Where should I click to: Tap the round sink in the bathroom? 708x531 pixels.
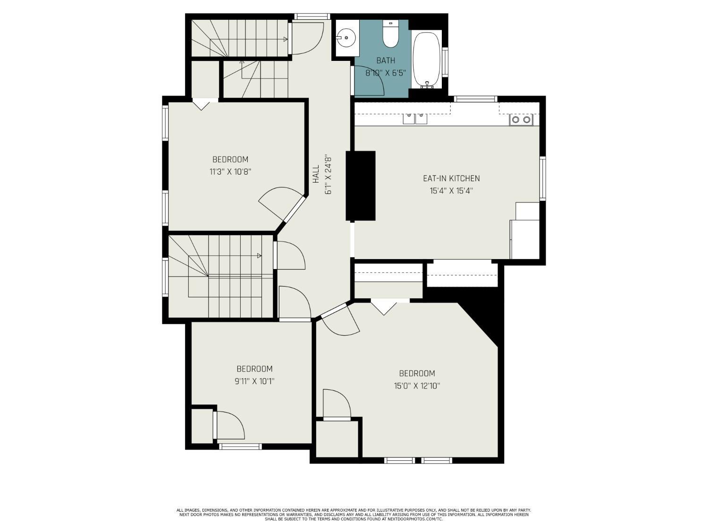[346, 38]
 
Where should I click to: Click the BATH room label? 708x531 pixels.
[386, 60]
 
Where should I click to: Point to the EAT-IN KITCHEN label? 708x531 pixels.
[451, 178]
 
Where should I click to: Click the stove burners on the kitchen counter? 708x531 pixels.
[521, 120]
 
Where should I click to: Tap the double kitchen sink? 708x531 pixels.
[415, 118]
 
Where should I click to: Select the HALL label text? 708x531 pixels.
[316, 174]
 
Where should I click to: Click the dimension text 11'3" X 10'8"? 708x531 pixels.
[230, 171]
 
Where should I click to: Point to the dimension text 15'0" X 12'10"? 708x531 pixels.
[417, 386]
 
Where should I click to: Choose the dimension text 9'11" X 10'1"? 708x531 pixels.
[254, 381]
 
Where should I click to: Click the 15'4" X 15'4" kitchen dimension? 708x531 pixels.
[451, 191]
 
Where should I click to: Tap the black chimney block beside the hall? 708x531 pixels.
[360, 185]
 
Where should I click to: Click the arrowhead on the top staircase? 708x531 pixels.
[285, 39]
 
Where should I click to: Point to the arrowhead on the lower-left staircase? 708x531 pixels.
[259, 256]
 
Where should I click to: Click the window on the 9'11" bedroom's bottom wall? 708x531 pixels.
[240, 446]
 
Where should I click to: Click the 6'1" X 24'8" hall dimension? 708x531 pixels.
[329, 176]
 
